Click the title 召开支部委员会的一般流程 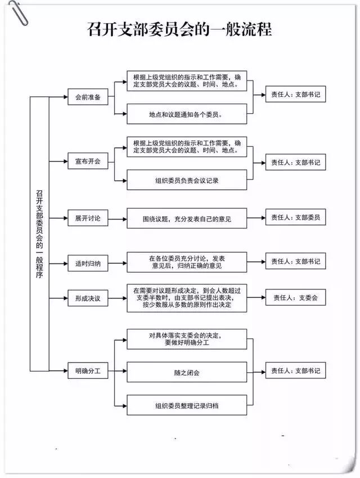[x=179, y=30]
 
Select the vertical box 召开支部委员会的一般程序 [x=39, y=234]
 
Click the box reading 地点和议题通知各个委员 [x=187, y=114]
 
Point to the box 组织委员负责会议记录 [x=187, y=180]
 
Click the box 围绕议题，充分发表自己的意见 [x=187, y=218]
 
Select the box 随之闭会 [x=187, y=372]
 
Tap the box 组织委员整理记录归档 [x=187, y=405]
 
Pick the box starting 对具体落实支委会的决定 [x=187, y=338]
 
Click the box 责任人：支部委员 [x=295, y=217]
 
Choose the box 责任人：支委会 [x=295, y=297]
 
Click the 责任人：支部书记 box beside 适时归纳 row [x=295, y=261]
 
